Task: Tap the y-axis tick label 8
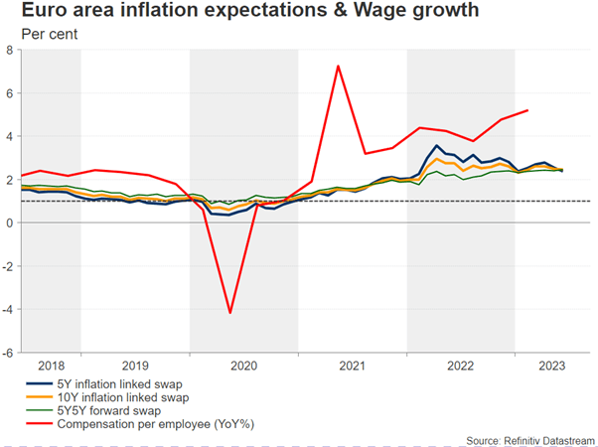pos(11,51)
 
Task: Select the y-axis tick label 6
pos(11,93)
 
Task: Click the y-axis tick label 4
pos(11,136)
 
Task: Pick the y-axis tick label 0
pos(11,223)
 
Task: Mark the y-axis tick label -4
pos(9,309)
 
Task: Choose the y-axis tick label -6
pos(9,352)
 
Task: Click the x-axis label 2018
pos(52,365)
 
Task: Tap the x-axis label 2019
pos(135,365)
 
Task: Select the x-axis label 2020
pos(243,365)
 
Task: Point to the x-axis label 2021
pos(353,365)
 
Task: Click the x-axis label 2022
pos(461,365)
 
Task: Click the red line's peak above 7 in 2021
pos(339,67)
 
